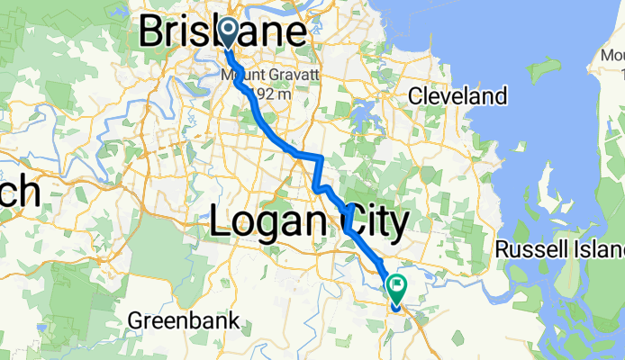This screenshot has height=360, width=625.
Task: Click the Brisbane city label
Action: pyautogui.click(x=222, y=32)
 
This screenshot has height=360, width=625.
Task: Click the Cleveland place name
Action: pyautogui.click(x=457, y=95)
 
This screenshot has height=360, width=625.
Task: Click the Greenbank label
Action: pyautogui.click(x=184, y=319)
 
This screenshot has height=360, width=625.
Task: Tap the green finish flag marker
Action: pyautogui.click(x=396, y=286)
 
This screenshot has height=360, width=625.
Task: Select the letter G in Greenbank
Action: pyautogui.click(x=135, y=319)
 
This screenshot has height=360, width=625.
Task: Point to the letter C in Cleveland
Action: pyautogui.click(x=415, y=95)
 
